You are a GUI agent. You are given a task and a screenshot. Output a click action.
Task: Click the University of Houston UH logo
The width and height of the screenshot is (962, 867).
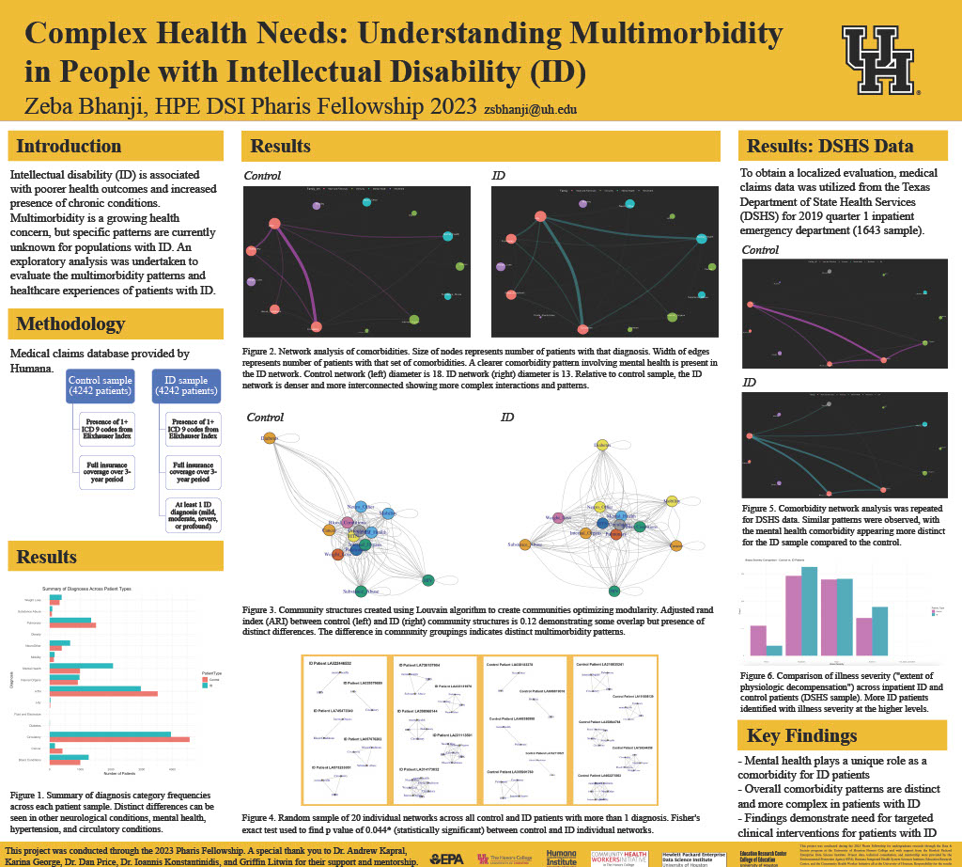(880, 60)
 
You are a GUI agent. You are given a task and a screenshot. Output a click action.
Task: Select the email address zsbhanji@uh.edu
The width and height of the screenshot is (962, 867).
(530, 109)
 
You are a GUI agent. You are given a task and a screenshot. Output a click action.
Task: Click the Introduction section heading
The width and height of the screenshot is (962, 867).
(69, 146)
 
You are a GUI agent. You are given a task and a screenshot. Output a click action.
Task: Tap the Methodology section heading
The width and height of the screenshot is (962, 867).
(70, 324)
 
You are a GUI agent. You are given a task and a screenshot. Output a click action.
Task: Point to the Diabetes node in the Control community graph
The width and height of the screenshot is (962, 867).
(269, 437)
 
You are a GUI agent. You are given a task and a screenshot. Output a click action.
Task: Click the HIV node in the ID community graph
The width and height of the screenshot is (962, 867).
(614, 590)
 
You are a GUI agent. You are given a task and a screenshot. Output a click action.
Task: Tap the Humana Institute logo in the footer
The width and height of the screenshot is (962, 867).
(562, 857)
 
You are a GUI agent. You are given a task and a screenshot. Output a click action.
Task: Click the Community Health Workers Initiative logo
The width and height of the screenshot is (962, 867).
(617, 857)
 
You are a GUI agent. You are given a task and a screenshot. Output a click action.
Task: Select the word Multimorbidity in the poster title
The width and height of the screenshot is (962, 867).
(652, 34)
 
